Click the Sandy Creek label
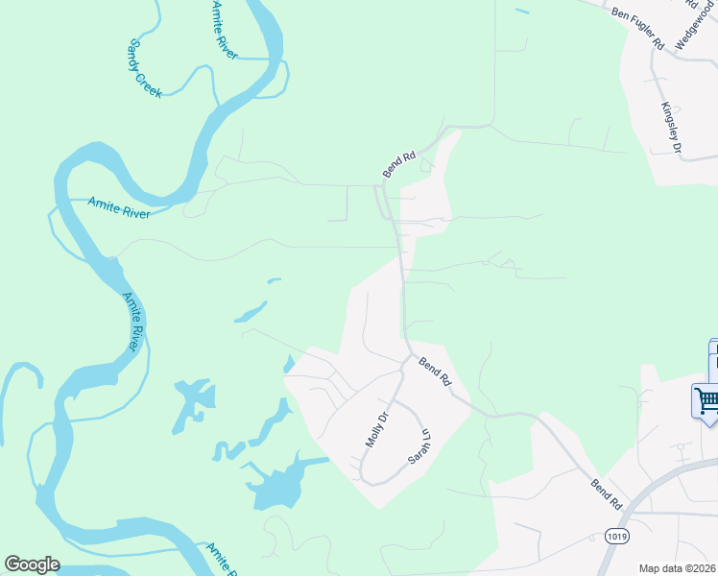click(146, 68)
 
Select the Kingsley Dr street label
click(670, 128)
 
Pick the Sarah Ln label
click(416, 445)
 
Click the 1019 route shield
click(618, 535)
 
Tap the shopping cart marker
click(706, 399)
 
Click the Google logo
click(32, 564)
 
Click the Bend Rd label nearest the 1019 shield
click(607, 493)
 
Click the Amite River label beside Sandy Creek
click(223, 31)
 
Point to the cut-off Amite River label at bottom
click(221, 559)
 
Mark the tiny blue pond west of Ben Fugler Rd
click(521, 11)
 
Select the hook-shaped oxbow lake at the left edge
click(24, 403)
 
